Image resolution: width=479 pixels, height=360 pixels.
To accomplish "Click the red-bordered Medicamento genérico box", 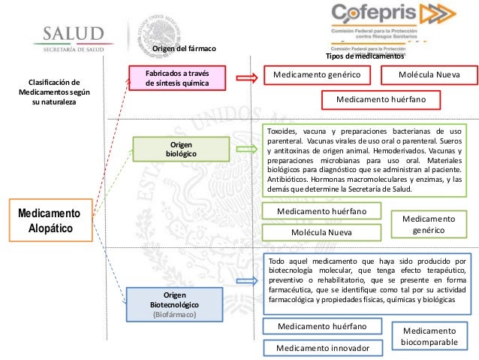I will pyautogui.click(x=316, y=76).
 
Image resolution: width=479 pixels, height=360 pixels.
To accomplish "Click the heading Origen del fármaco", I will pyautogui.click(x=184, y=49).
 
